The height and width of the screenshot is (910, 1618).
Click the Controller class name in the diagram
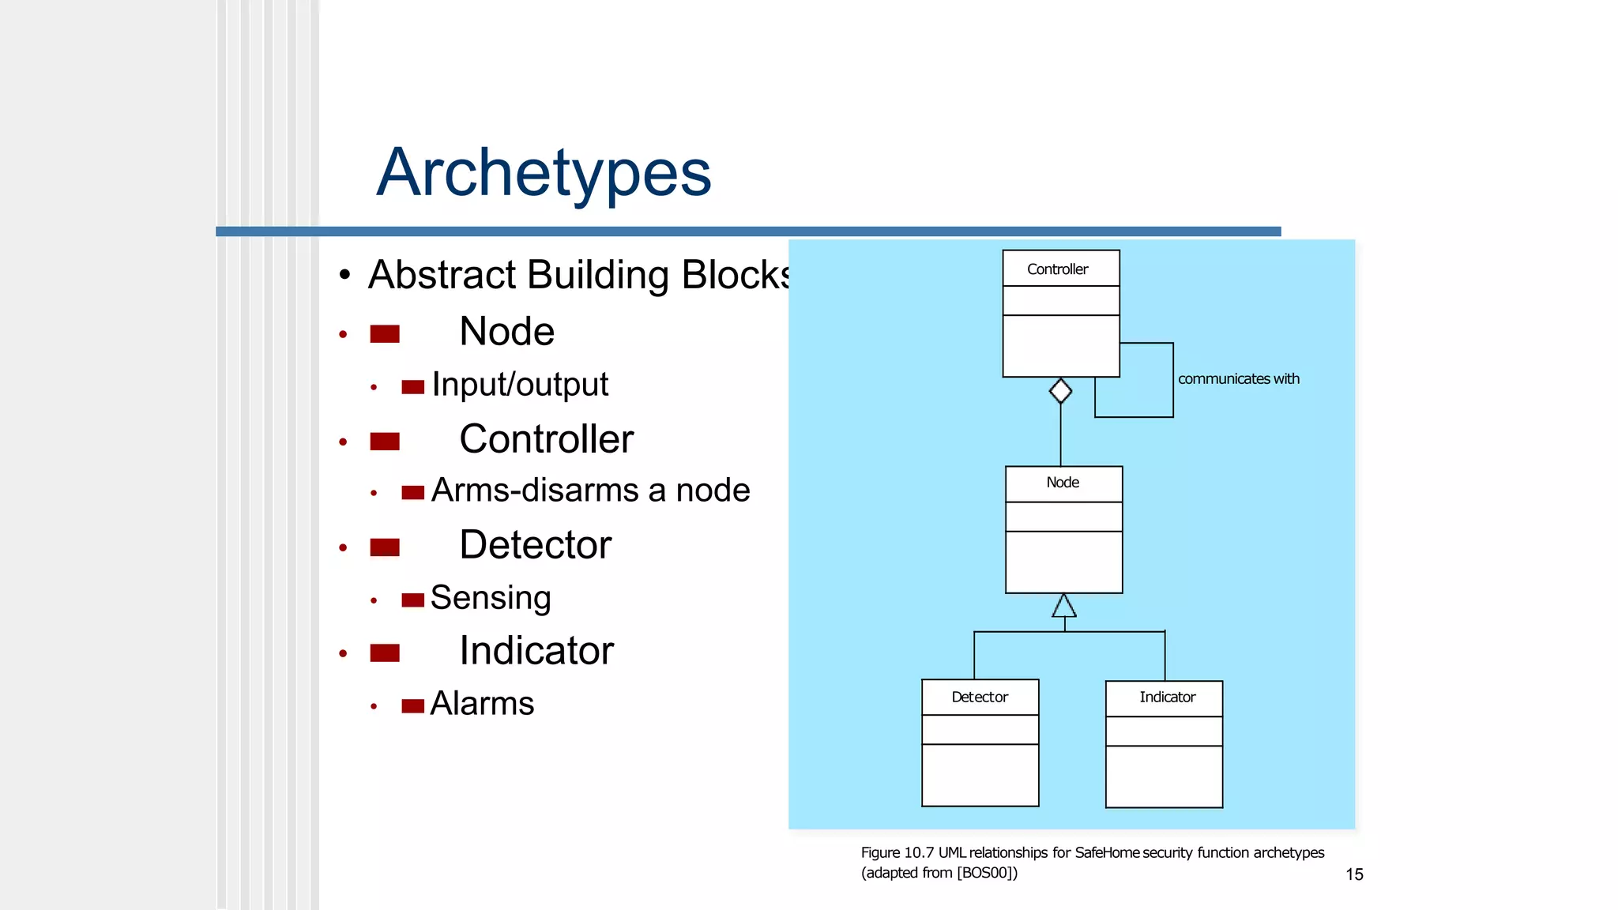[1057, 269]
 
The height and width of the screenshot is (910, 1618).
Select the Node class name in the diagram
[1063, 483]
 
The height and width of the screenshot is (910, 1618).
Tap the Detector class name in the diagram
[980, 697]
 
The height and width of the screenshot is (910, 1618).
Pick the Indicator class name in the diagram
[1167, 697]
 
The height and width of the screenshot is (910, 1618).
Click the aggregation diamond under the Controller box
[1060, 391]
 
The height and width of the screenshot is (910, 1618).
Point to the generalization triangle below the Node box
[1064, 606]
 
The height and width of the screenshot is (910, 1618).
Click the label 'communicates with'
[1238, 379]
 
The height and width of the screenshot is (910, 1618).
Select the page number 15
[1354, 874]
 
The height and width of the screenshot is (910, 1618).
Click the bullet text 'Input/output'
[520, 385]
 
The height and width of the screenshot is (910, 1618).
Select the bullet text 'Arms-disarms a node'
[590, 491]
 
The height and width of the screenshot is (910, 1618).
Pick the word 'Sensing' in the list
[490, 598]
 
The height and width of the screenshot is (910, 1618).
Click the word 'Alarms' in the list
[482, 704]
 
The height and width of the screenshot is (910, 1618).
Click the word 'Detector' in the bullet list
[535, 545]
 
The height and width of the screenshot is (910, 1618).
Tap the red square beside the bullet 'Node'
[385, 334]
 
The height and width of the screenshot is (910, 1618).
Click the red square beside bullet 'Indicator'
[385, 653]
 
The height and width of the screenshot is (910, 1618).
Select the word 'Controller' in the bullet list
[546, 439]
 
